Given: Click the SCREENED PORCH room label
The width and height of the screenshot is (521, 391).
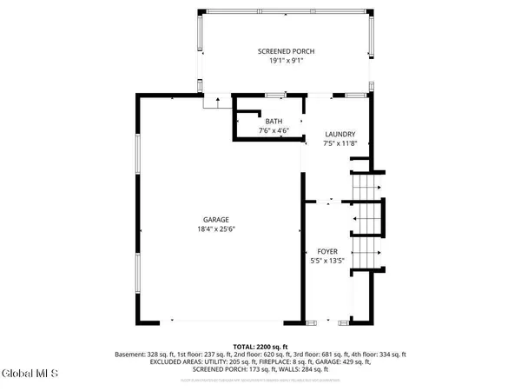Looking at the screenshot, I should [x=285, y=52].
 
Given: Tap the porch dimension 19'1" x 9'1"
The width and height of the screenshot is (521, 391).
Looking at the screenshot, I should [x=285, y=62].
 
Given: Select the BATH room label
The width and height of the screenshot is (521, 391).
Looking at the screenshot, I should [x=274, y=121].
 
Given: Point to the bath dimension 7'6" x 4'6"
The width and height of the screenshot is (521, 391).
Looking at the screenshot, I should [x=274, y=130].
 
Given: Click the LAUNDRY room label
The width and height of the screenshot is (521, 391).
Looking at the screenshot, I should [x=339, y=134].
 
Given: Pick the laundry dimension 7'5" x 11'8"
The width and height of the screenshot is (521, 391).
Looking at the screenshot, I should [x=339, y=143].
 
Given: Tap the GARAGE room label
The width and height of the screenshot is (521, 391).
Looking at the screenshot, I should [x=216, y=219].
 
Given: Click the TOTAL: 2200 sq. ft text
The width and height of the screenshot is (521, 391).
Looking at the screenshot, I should [x=260, y=347].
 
